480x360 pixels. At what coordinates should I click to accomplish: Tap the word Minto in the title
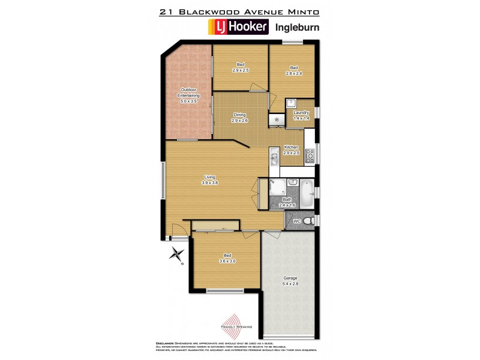304,11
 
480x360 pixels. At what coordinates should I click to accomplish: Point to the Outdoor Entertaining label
188,96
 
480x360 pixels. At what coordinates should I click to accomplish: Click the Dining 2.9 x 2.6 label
239,117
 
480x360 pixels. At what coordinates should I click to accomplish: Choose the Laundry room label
301,115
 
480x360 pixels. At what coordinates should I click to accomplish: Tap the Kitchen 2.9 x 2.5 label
291,150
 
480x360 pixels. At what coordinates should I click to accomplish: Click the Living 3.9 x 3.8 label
209,180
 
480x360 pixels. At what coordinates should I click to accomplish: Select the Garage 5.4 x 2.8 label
290,281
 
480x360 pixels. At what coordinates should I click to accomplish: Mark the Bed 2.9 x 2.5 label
240,67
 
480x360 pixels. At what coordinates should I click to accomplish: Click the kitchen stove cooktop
310,155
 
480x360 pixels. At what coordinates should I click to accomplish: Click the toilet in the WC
308,221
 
